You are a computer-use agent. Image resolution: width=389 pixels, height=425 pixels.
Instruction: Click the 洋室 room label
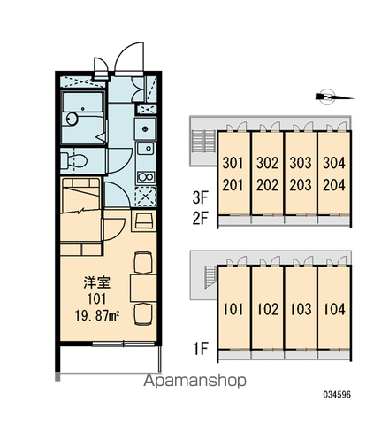point(97,282)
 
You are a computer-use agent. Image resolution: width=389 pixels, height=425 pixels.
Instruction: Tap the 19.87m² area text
point(97,316)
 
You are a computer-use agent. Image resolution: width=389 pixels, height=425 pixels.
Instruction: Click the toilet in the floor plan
point(73,161)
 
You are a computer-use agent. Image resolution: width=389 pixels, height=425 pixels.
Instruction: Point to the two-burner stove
point(146,177)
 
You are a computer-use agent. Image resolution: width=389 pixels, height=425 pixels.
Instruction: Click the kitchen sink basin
point(145,149)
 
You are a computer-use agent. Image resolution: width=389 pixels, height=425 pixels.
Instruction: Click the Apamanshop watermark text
point(194,381)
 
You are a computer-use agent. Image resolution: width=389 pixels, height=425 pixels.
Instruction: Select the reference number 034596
point(337,394)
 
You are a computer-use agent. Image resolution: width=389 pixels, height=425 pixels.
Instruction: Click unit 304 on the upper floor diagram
point(334,163)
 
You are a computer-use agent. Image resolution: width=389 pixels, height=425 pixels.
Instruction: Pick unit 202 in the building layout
point(267,185)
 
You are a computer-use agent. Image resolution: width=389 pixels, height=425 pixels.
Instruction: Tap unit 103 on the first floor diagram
point(301,309)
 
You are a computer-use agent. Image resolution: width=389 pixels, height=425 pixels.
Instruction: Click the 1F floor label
point(201,348)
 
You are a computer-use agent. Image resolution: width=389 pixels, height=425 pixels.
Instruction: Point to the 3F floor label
point(201,197)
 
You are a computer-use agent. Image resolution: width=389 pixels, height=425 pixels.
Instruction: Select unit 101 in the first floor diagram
point(233,309)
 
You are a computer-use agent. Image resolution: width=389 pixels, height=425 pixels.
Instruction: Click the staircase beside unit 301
point(203,142)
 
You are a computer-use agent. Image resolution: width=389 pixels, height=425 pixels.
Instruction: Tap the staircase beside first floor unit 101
point(210,276)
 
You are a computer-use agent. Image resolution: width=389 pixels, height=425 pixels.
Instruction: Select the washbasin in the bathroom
point(72,119)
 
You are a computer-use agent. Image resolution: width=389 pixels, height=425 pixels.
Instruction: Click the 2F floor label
point(201,219)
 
